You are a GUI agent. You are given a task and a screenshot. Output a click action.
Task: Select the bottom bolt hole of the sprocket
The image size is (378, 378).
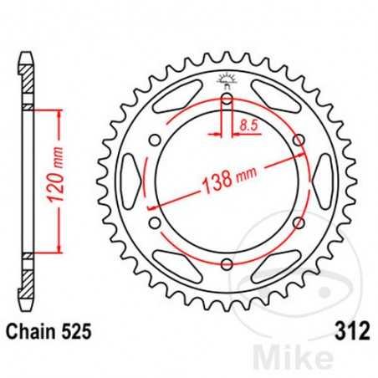click(x=227, y=263)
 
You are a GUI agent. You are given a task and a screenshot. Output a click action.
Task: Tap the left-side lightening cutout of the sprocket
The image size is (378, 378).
click(x=131, y=182)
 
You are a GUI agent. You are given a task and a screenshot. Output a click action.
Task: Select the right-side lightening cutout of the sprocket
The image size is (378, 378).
click(x=322, y=182)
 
